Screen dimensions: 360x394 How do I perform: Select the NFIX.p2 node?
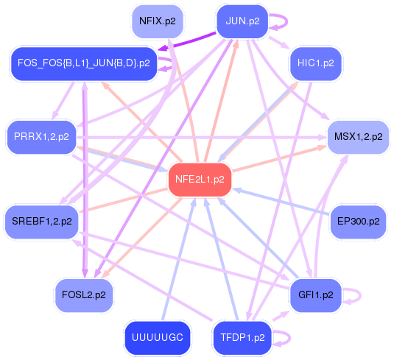pyautogui.click(x=157, y=21)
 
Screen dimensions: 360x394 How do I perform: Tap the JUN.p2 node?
pyautogui.click(x=243, y=21)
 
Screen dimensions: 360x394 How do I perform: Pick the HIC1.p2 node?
pyautogui.click(x=315, y=63)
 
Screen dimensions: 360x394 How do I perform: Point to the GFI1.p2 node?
pyautogui.click(x=315, y=294)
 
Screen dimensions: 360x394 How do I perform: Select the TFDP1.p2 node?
pyautogui.click(x=242, y=338)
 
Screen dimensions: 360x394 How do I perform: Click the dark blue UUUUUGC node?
pyautogui.click(x=158, y=338)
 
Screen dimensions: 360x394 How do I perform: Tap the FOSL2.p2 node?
pyautogui.click(x=85, y=294)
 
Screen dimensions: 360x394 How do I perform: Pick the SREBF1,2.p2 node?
pyautogui.click(x=42, y=220)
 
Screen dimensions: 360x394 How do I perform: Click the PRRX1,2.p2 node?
pyautogui.click(x=42, y=136)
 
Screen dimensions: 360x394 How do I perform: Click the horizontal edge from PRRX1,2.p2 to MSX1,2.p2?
pyautogui.click(x=206, y=136)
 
